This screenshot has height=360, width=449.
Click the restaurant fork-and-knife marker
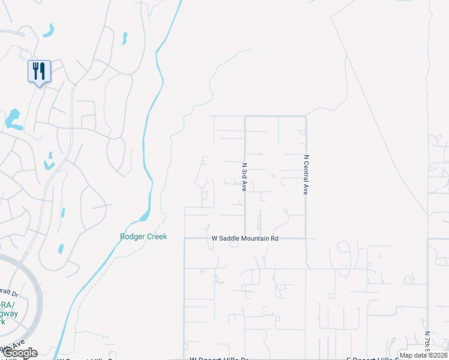39,71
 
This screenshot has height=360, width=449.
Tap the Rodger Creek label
143,236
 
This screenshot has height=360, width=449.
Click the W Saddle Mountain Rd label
246,238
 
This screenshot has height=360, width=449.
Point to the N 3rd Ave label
244,177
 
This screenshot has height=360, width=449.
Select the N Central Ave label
306,175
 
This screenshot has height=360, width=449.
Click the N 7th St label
427,343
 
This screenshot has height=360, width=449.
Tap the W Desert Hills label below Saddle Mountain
218,358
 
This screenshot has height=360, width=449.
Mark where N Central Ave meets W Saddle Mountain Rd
306,238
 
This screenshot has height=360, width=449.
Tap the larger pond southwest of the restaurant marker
13,120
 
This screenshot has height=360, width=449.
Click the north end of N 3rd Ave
245,116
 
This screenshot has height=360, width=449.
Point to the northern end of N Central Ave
306,116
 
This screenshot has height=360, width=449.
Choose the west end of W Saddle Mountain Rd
184,238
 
